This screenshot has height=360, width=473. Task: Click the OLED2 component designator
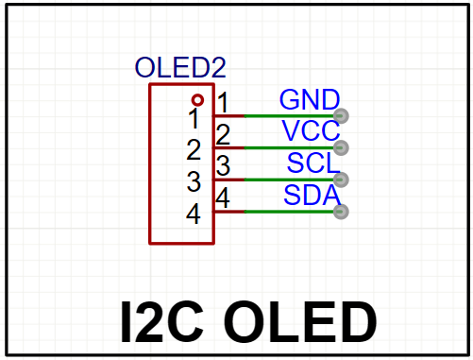pos(180,67)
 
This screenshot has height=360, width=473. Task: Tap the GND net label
pos(310,99)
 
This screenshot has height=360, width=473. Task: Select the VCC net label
pos(311,130)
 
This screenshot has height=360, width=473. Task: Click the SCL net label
pos(313,163)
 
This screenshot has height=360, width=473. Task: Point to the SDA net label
pos(313,195)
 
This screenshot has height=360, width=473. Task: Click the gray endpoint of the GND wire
pos(341,116)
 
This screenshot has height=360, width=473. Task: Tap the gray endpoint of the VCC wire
pos(341,147)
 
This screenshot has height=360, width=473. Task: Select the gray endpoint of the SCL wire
pos(341,180)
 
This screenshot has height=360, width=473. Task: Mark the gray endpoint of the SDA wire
pos(341,212)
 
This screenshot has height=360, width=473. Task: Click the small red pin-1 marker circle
pos(197,100)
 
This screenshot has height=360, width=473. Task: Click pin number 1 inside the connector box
pos(194,118)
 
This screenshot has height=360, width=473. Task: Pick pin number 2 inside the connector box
pos(194,149)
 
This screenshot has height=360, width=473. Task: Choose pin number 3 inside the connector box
pos(194,181)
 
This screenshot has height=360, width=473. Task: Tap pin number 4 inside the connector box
pos(194,214)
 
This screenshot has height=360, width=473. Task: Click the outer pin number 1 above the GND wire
pos(223,102)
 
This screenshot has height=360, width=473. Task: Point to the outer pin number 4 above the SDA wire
pos(223,197)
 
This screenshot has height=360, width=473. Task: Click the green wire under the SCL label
pos(289,180)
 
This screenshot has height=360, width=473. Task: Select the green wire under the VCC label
pos(289,147)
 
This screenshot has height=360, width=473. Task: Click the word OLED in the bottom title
pos(299,322)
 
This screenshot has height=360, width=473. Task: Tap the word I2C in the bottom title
pos(162,322)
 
